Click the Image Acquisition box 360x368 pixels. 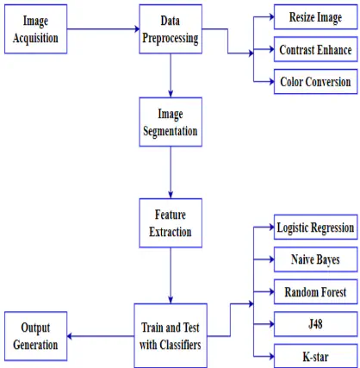(35, 29)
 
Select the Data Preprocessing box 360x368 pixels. (171, 29)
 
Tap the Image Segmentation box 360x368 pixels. (171, 122)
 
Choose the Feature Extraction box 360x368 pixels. (171, 223)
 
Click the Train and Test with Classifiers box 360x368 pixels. (171, 335)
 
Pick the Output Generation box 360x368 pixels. (35, 336)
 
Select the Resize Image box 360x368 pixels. (315, 17)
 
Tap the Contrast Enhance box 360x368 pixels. (315, 49)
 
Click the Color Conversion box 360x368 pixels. (315, 82)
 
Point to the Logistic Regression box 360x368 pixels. (315, 228)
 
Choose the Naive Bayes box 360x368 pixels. (315, 259)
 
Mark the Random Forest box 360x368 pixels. (315, 292)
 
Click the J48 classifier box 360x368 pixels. (315, 324)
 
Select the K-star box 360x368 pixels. (315, 356)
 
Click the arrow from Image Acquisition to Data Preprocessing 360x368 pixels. (103, 28)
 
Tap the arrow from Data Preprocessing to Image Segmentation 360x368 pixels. (171, 76)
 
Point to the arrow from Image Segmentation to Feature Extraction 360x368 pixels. (171, 172)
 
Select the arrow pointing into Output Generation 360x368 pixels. (101, 336)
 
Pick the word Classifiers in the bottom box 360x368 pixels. (180, 345)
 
